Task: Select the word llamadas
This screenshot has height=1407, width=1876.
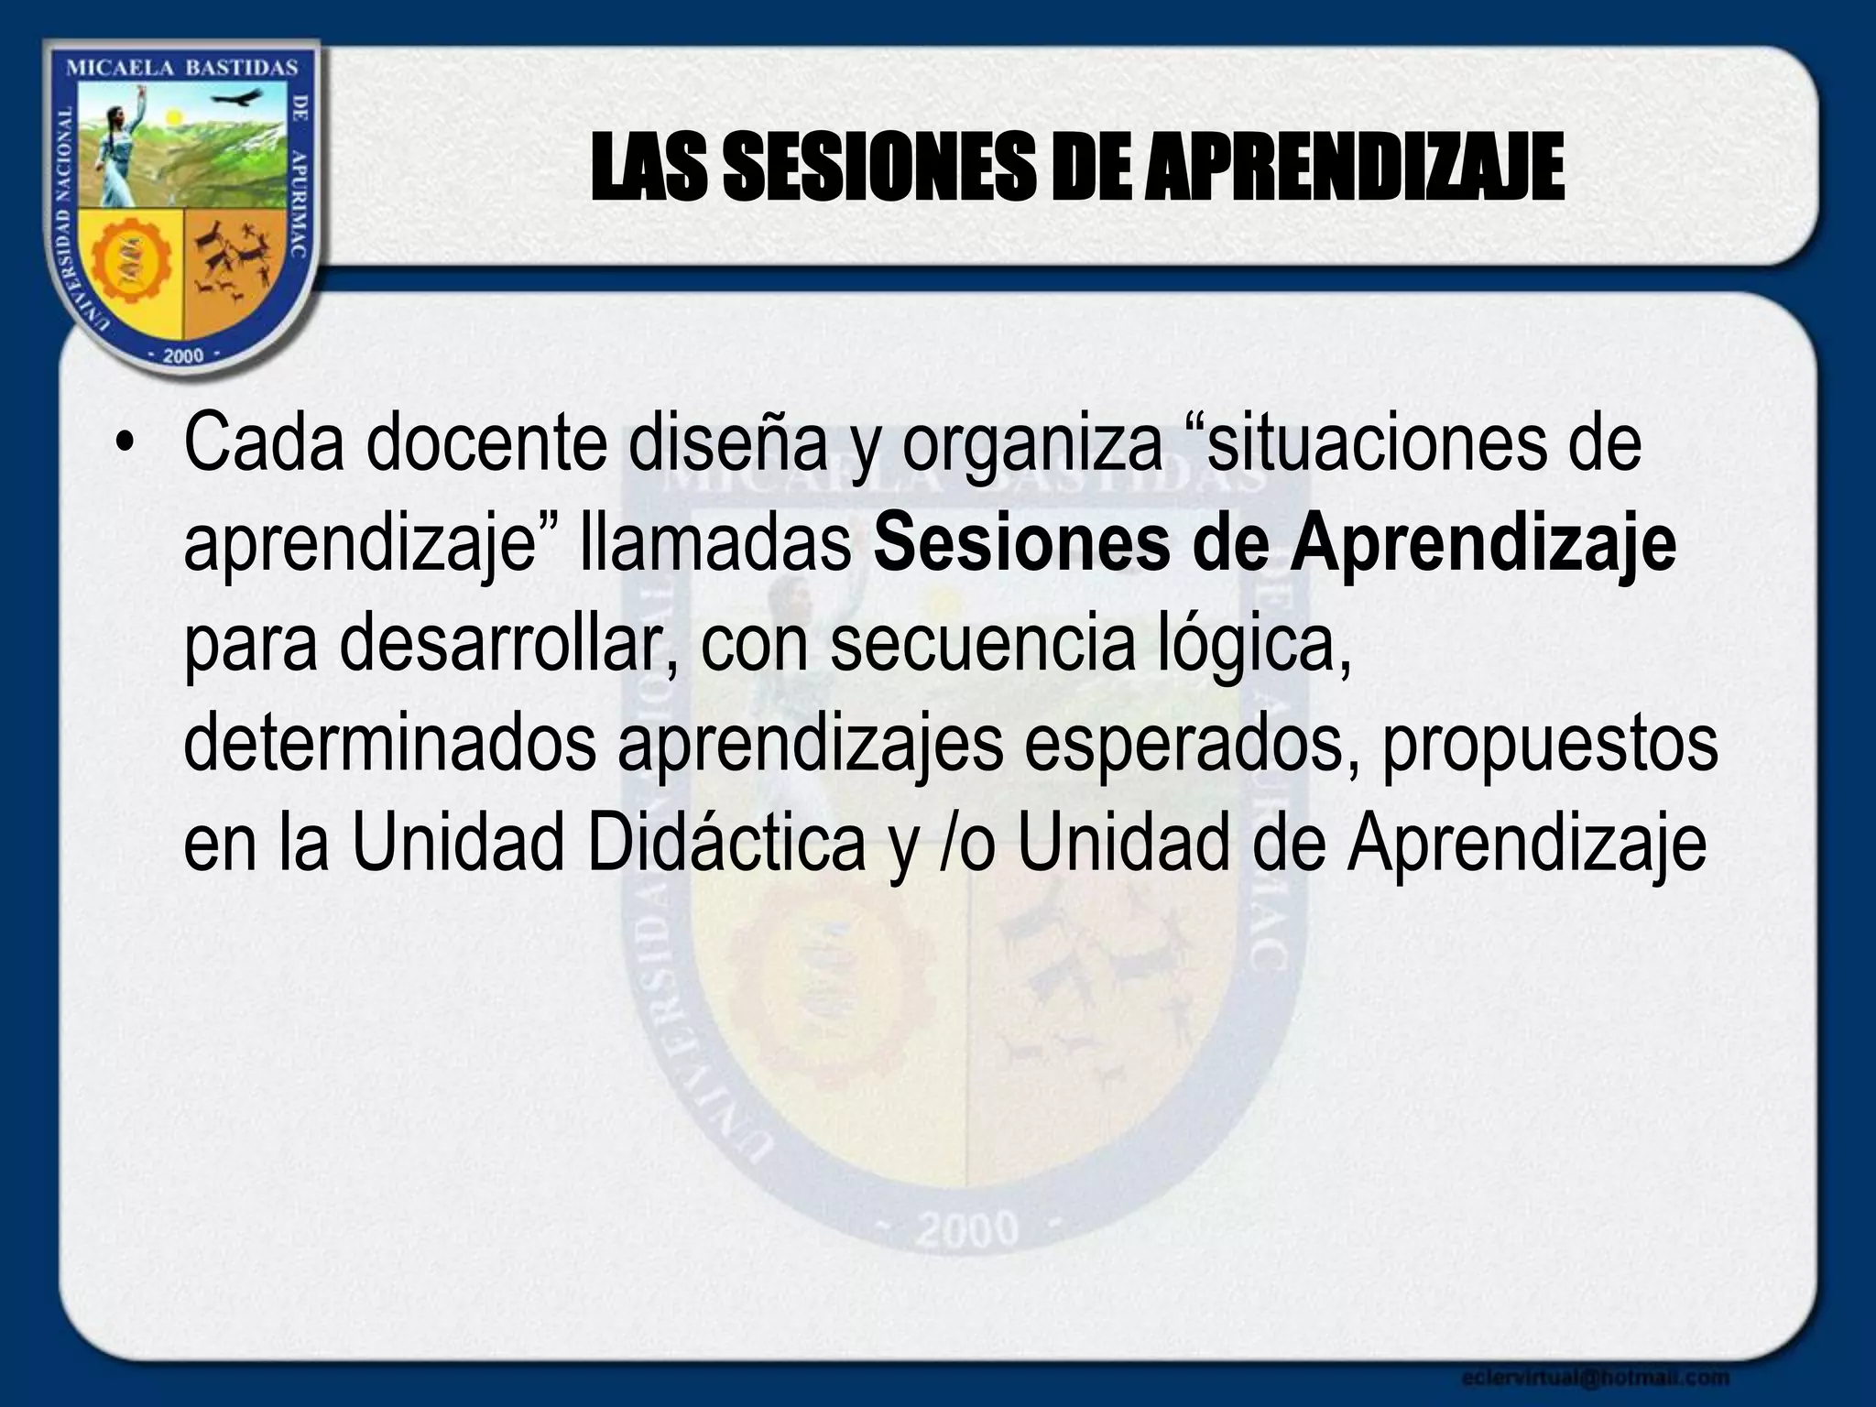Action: (x=714, y=545)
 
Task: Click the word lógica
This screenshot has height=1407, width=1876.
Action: (x=1249, y=646)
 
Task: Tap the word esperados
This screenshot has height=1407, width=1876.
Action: (x=1191, y=746)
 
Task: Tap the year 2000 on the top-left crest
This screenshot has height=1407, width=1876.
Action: (x=182, y=356)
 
